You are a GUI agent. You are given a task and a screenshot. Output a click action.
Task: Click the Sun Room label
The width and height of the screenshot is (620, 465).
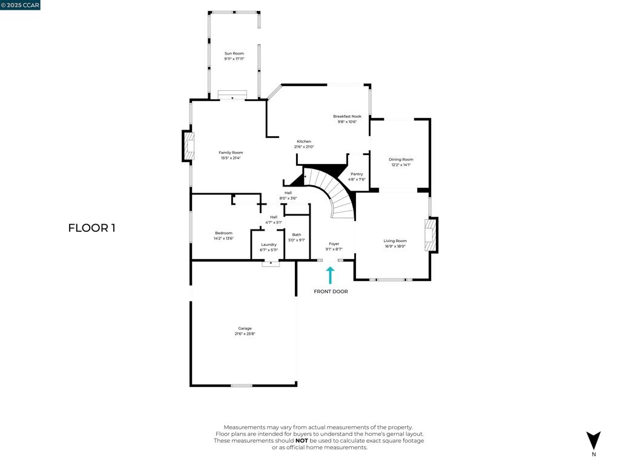coord(234,54)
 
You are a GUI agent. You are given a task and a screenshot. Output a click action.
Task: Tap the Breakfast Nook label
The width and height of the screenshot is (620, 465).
coord(347,116)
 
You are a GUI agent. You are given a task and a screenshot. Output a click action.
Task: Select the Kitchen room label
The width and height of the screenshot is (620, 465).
coord(303,142)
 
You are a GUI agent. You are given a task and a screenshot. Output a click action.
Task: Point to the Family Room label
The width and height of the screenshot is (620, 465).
coord(231,153)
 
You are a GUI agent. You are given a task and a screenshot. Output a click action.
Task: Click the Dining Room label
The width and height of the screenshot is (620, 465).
coord(401,160)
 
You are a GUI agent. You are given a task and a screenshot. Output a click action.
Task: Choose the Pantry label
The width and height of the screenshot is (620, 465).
coord(357,174)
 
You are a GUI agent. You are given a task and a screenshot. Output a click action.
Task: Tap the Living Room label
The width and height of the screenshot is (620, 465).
coord(395,241)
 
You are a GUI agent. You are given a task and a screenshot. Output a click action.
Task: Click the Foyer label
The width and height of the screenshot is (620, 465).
coord(334,244)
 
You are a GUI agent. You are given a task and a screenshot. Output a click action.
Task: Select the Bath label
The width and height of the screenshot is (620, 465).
coord(297,235)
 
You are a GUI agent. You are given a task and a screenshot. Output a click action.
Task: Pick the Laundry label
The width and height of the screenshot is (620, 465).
coord(269,245)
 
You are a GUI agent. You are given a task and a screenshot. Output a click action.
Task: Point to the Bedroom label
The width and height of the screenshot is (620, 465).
coord(223,233)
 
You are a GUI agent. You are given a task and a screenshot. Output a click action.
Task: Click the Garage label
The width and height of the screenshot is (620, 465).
coord(245,329)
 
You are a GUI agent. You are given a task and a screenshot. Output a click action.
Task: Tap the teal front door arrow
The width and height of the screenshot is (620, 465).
coord(330,275)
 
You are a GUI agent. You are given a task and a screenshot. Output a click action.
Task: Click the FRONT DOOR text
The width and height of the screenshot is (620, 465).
coord(331,292)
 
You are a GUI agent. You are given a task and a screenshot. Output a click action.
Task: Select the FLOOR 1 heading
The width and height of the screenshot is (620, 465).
coord(91,228)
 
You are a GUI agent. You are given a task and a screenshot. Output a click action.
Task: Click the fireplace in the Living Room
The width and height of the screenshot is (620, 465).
coord(430,235)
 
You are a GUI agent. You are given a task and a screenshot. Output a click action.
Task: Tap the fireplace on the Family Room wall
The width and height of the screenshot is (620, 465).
coord(189,147)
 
